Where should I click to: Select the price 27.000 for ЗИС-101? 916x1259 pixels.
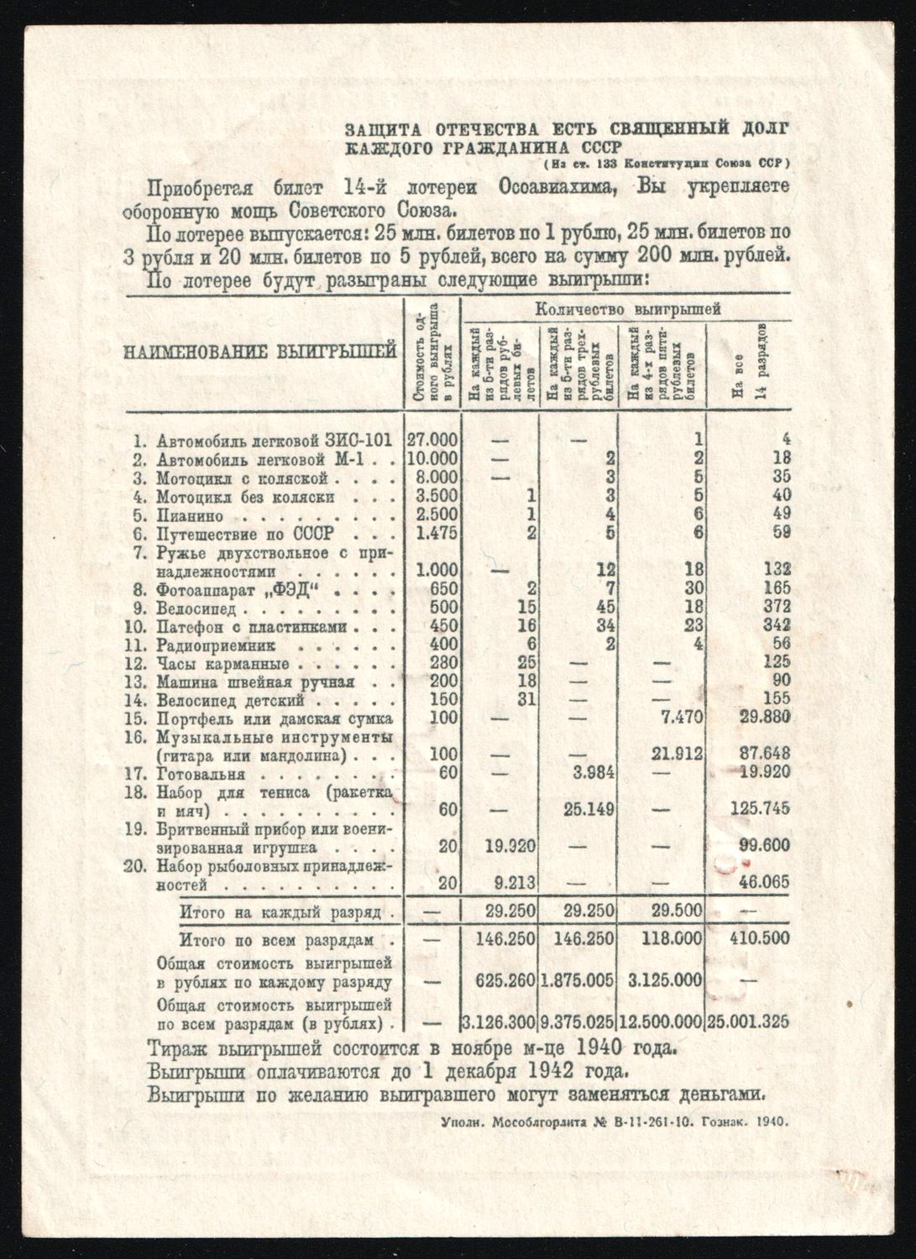[x=433, y=440]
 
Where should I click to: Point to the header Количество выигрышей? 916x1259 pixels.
[x=628, y=310]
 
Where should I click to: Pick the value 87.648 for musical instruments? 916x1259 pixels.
[x=762, y=755]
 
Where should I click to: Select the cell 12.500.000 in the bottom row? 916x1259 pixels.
[x=661, y=1021]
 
